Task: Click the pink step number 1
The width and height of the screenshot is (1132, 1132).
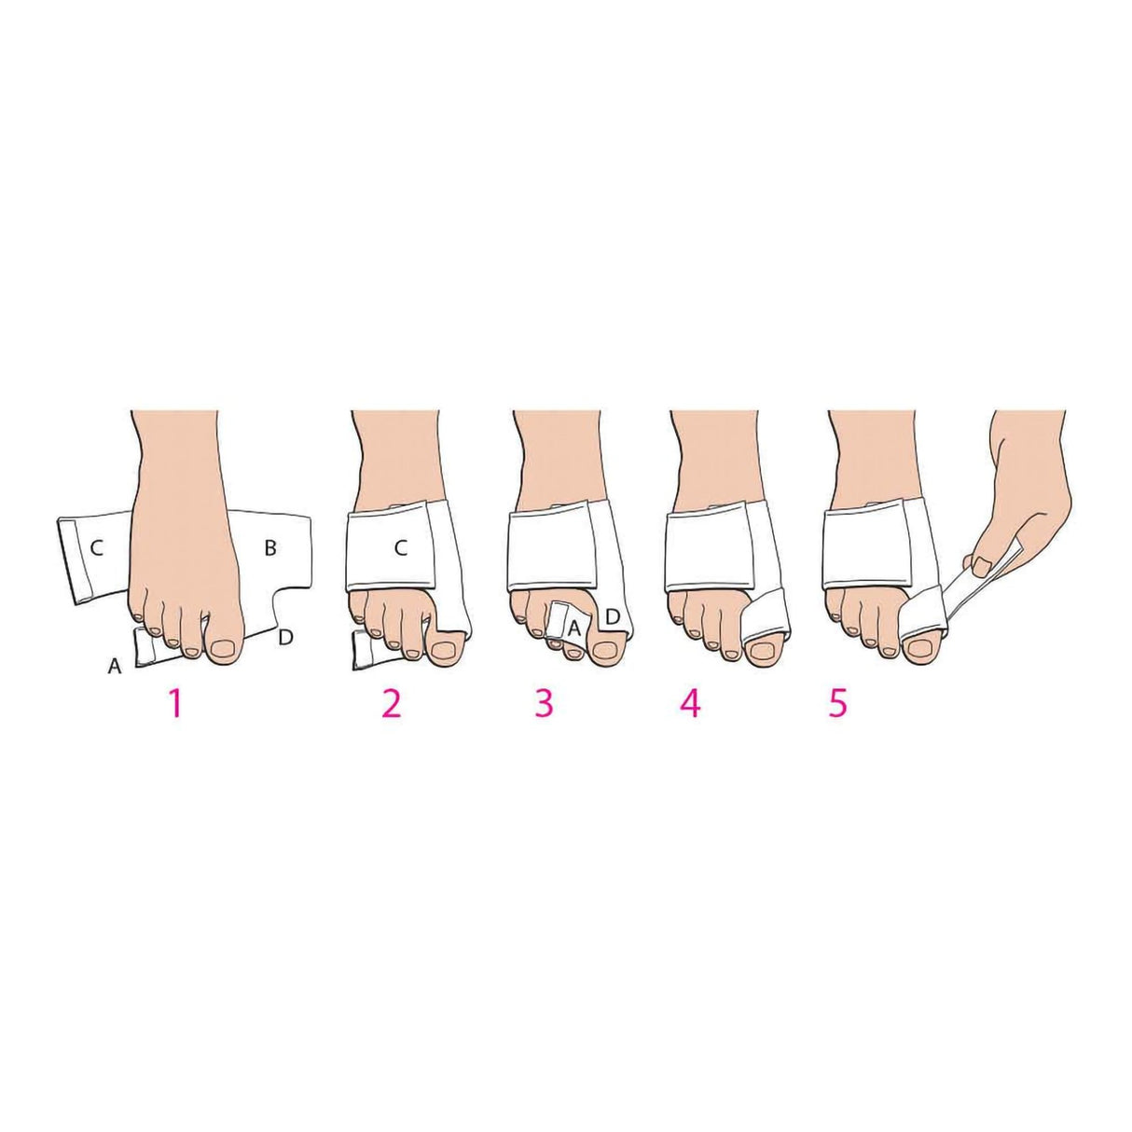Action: (173, 703)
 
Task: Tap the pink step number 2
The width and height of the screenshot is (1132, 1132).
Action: (391, 703)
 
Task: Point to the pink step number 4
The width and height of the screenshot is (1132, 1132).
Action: (690, 703)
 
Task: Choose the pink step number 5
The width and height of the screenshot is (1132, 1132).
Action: (837, 703)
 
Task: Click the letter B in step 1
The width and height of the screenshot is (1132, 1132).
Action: (269, 548)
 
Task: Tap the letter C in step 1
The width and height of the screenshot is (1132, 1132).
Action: (96, 548)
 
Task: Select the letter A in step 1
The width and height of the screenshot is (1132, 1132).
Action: (116, 665)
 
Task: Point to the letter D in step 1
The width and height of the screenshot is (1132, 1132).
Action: (286, 637)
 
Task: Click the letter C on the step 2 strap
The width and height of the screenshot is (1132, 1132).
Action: (400, 548)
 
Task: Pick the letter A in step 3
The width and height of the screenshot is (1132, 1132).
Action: (574, 628)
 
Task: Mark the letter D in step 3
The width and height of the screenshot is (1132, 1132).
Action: (614, 616)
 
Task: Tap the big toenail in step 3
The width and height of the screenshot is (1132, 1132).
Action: (601, 650)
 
